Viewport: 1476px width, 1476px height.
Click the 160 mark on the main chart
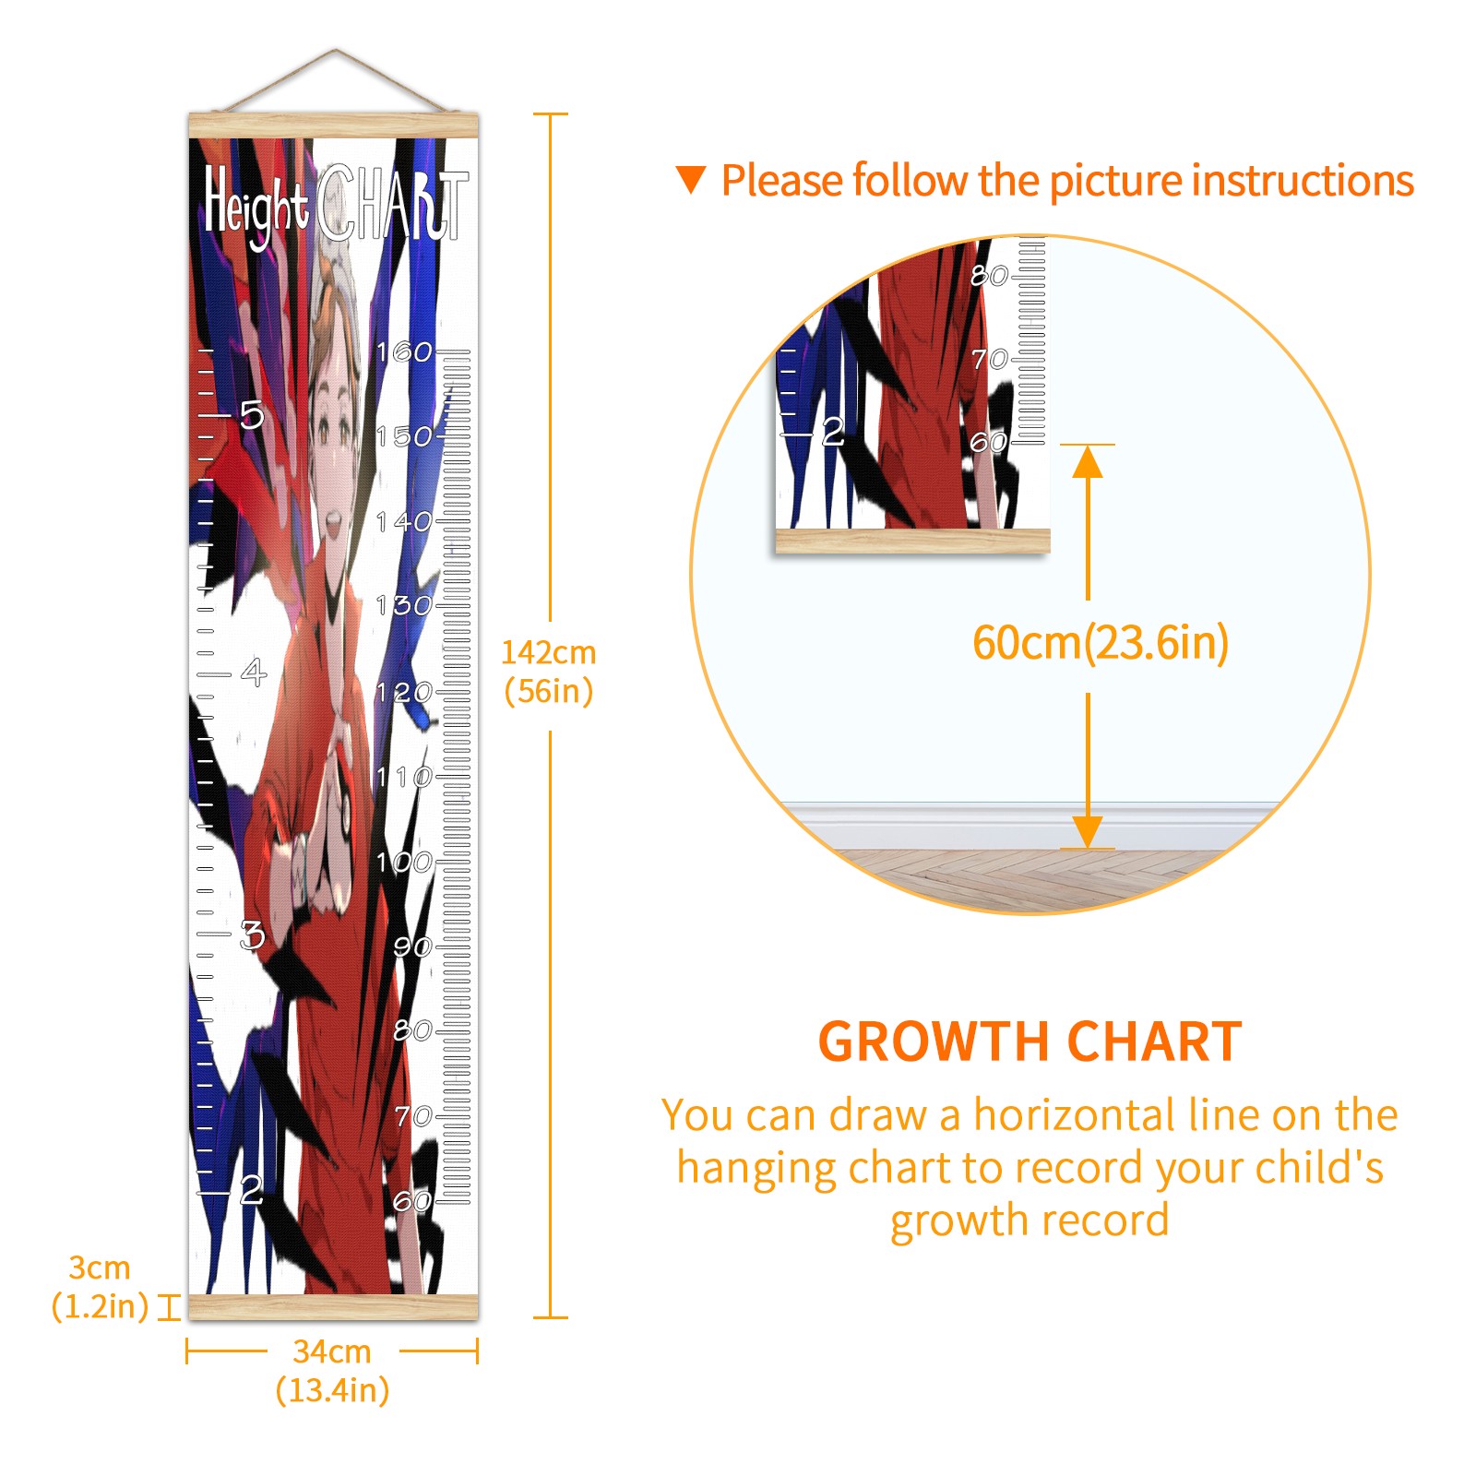click(404, 351)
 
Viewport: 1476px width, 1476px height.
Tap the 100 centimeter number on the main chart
click(404, 863)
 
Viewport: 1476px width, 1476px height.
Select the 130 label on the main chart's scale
click(404, 606)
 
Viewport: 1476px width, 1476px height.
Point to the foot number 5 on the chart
click(251, 415)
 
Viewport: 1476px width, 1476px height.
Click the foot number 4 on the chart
click(254, 673)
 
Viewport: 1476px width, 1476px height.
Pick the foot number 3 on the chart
click(252, 935)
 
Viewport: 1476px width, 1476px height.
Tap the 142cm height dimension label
click(549, 672)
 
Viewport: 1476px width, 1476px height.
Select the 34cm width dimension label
click(332, 1370)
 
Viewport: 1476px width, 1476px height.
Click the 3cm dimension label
click(100, 1287)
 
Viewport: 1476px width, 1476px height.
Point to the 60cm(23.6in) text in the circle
click(1101, 643)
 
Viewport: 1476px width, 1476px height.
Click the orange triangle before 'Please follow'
click(691, 180)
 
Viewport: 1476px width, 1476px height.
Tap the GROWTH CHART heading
click(1030, 1042)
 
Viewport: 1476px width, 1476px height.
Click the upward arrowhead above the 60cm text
click(1089, 461)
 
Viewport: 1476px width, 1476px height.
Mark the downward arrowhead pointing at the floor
click(1089, 831)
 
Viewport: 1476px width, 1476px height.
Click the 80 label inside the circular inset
click(989, 275)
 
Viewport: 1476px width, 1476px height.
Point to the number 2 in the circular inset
click(833, 432)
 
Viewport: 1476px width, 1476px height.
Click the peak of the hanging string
click(335, 50)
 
